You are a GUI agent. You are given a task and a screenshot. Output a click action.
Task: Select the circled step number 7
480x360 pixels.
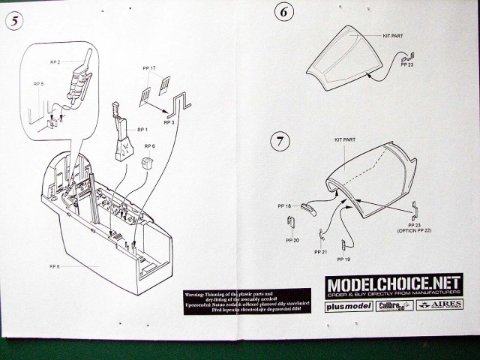point(279,140)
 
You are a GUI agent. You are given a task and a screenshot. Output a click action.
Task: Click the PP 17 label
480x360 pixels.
point(148,68)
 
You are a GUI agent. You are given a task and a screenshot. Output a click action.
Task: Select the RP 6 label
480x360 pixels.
point(150,146)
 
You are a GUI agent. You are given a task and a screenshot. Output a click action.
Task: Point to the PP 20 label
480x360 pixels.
point(292,241)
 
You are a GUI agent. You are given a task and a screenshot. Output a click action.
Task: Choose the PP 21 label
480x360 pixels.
point(321,251)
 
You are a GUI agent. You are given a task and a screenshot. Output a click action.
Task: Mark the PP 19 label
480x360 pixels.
point(343,259)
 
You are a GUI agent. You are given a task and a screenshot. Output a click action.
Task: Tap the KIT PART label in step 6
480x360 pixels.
point(393,36)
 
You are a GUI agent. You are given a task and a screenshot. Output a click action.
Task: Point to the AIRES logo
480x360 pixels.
point(434,307)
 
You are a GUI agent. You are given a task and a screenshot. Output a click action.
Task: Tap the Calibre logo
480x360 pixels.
point(391,307)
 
